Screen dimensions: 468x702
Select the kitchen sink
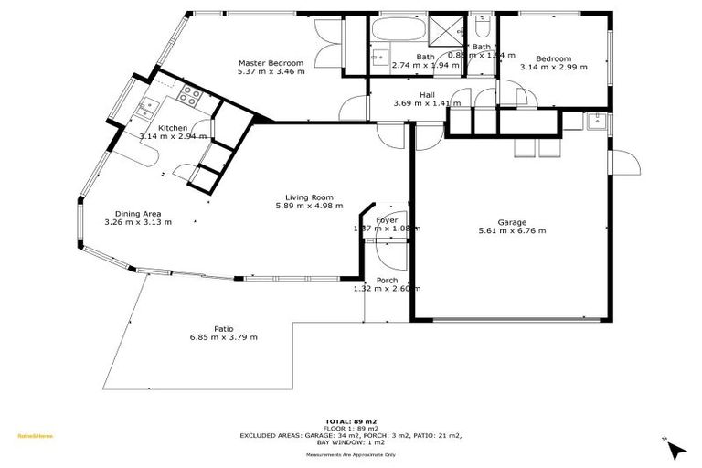pyautogui.click(x=146, y=109)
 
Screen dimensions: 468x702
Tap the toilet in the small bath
pyautogui.click(x=481, y=29)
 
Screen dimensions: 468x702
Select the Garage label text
pyautogui.click(x=511, y=222)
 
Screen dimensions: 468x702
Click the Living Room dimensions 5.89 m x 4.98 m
pyautogui.click(x=308, y=206)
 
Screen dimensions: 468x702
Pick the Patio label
pyautogui.click(x=223, y=328)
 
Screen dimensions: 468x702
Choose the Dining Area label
pyautogui.click(x=138, y=213)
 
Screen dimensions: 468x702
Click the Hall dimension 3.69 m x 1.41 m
pyautogui.click(x=427, y=103)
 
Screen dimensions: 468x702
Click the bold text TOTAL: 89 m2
pyautogui.click(x=351, y=421)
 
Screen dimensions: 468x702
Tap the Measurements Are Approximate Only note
pyautogui.click(x=351, y=453)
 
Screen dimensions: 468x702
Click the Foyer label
pyautogui.click(x=387, y=220)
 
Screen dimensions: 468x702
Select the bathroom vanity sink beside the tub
pyautogui.click(x=378, y=56)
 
